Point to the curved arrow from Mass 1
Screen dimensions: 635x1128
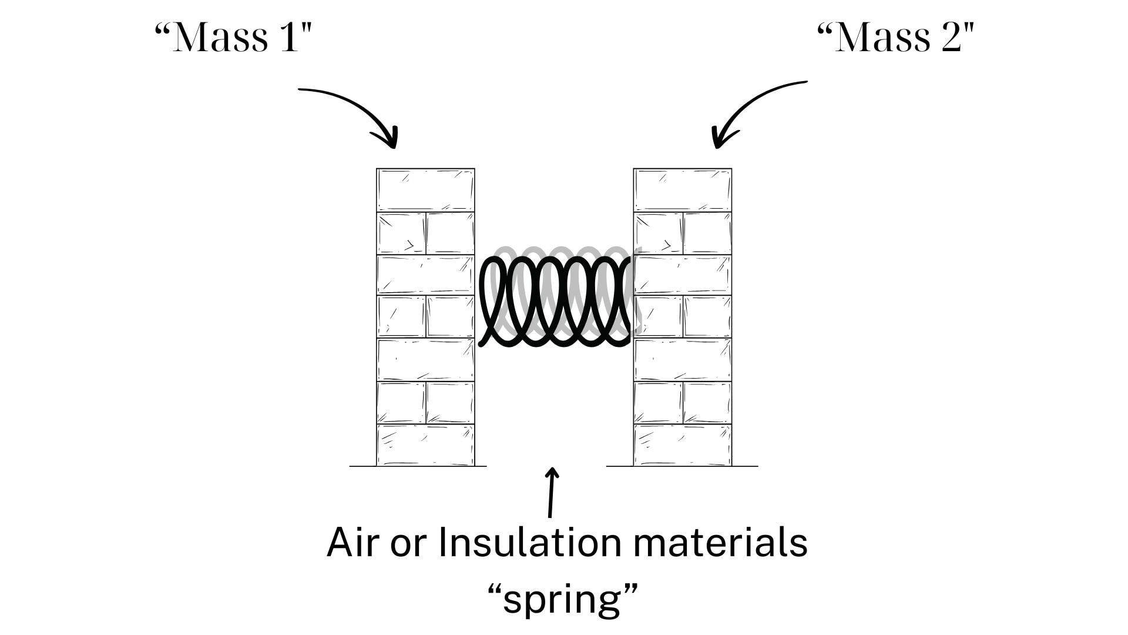[x=352, y=106]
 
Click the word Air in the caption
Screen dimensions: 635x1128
[x=351, y=542]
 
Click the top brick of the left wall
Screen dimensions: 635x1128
[x=425, y=190]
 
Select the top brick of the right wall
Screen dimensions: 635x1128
[x=682, y=190]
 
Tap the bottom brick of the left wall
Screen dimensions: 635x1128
[x=425, y=445]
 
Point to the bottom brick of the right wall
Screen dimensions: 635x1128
[x=682, y=445]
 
